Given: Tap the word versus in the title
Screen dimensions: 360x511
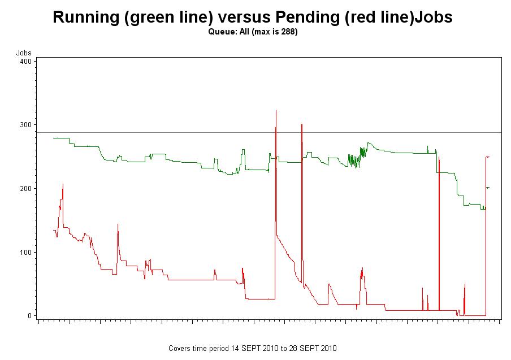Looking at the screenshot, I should pos(244,17).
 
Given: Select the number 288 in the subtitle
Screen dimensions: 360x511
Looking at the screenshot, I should pos(287,32).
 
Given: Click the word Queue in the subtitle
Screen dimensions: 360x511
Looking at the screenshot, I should pos(219,32).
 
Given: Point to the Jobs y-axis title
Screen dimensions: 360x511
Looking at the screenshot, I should pos(23,53).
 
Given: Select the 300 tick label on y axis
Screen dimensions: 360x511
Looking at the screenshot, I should pos(25,124).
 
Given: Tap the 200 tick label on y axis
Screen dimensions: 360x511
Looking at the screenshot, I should pos(25,188).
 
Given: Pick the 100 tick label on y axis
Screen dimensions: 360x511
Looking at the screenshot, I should pos(25,252).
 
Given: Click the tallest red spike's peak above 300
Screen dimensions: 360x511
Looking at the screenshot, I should pos(276,111).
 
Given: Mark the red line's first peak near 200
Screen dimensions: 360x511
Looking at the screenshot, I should pos(63,184).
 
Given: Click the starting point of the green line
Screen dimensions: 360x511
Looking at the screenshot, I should pos(53,138).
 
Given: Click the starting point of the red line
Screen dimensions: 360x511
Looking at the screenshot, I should pos(53,229).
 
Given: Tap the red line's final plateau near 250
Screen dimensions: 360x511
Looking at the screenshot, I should pos(487,157).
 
